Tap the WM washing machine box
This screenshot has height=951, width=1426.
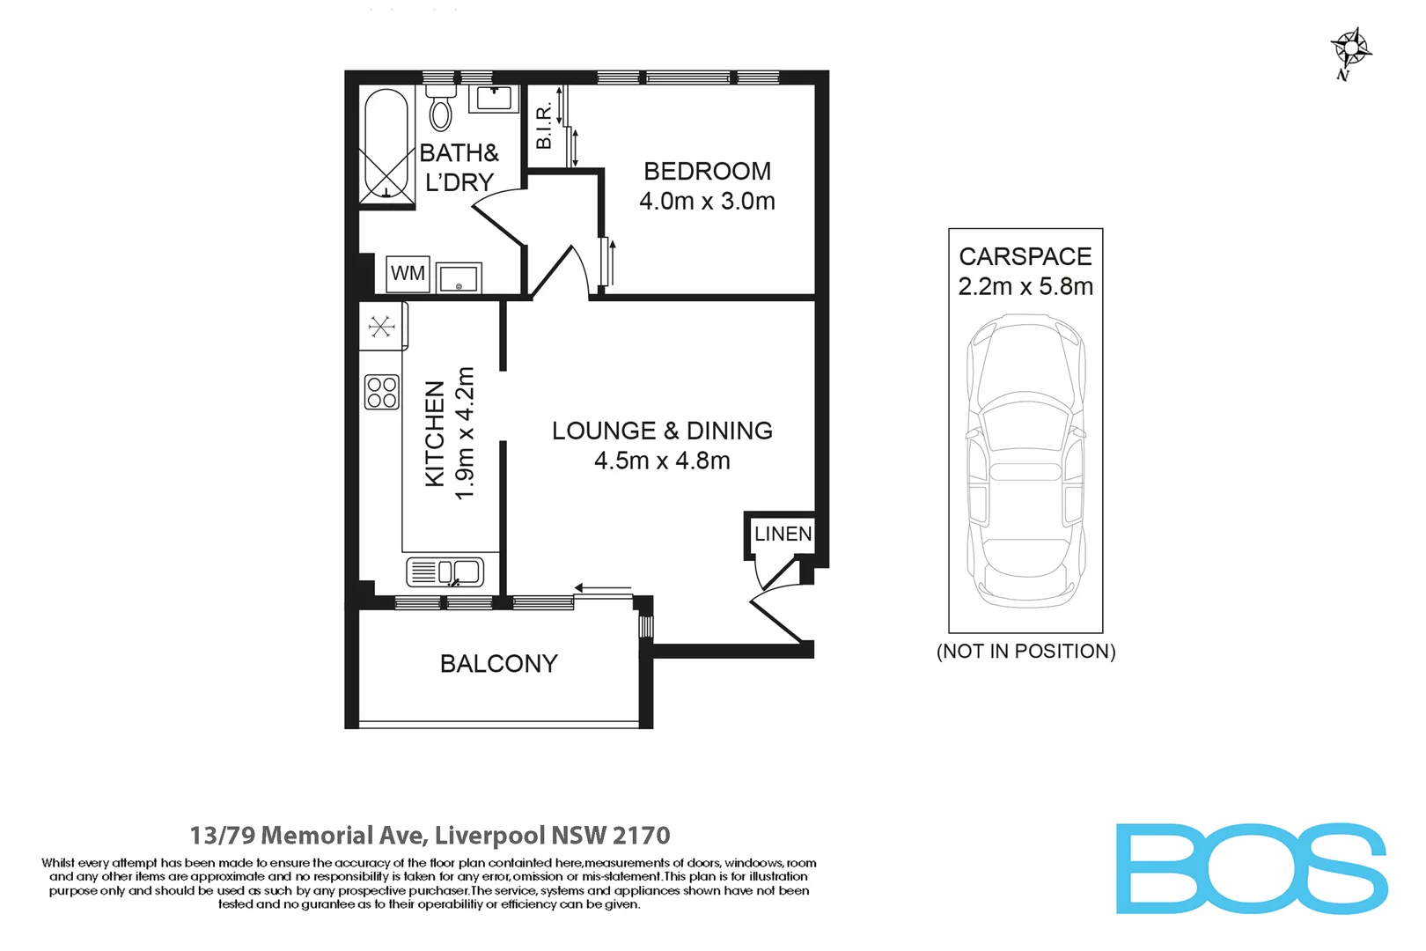click(x=408, y=273)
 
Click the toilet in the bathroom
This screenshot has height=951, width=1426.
click(x=440, y=108)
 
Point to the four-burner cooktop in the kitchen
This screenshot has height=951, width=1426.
click(x=382, y=393)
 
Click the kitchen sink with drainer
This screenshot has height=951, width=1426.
click(x=445, y=572)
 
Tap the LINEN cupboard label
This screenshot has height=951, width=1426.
click(x=783, y=534)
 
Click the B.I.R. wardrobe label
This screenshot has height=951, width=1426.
click(x=544, y=124)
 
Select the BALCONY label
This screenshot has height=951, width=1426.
click(x=498, y=663)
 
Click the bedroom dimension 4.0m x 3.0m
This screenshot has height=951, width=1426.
click(x=707, y=201)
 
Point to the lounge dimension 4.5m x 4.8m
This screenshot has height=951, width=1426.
click(x=662, y=461)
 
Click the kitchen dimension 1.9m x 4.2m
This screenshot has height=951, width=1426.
click(x=465, y=433)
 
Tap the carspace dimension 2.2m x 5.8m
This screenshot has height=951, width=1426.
click(x=1025, y=286)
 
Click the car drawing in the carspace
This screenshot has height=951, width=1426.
click(x=1025, y=462)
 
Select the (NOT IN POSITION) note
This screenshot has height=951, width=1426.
click(x=1025, y=651)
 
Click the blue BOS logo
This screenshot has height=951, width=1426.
click(x=1251, y=868)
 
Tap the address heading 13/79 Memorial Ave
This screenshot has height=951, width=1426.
click(x=430, y=835)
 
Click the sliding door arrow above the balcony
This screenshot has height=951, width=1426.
click(x=603, y=587)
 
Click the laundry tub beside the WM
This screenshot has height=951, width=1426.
click(x=458, y=278)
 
